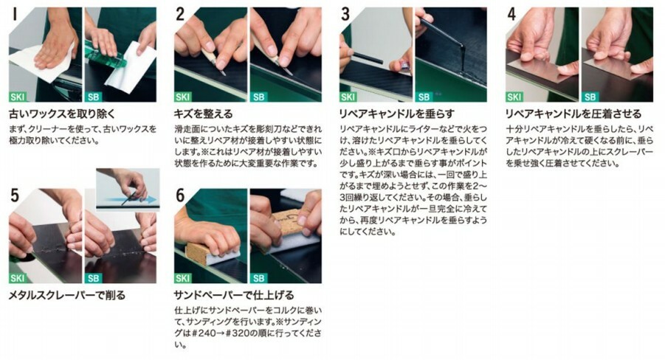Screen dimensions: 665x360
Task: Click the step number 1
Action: click(15, 14)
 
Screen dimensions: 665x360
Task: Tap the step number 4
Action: click(512, 14)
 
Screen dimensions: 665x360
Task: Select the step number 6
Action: click(180, 195)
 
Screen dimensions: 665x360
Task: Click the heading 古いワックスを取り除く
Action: click(62, 114)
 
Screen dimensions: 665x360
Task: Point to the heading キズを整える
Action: click(204, 114)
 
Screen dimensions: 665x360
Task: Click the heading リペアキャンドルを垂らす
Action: click(397, 114)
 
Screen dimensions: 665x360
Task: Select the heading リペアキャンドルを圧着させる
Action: click(573, 114)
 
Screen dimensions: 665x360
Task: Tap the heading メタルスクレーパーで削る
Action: click(67, 294)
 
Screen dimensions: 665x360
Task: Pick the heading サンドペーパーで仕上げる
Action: click(234, 294)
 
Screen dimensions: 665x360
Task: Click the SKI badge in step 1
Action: click(18, 97)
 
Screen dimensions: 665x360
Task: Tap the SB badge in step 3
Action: click(424, 97)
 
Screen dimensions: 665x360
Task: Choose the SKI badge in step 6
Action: click(183, 278)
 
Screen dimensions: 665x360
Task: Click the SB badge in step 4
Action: click(590, 97)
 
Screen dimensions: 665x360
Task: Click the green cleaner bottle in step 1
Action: click(106, 55)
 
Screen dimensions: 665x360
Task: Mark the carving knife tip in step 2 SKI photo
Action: click(223, 72)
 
